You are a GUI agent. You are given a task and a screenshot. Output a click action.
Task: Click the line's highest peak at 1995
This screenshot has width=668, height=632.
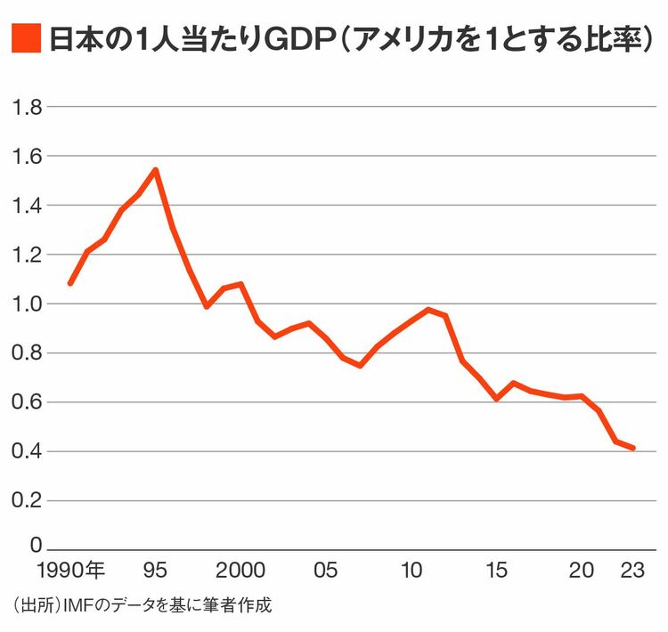coord(156,170)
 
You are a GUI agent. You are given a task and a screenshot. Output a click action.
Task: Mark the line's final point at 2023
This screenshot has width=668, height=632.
coord(633,448)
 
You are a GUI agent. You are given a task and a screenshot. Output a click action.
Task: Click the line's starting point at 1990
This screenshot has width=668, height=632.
coord(70,283)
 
